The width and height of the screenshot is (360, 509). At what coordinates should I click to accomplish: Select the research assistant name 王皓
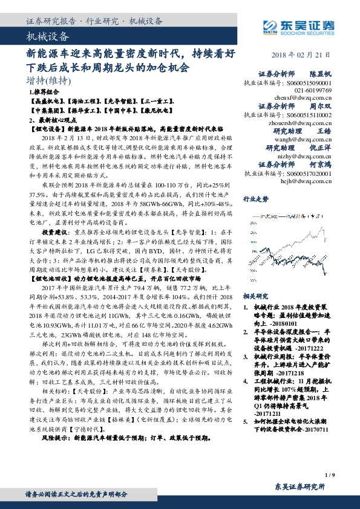click(325, 131)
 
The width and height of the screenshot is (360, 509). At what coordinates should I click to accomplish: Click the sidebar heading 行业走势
click(255, 198)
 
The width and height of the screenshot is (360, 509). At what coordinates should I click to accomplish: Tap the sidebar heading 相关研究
click(255, 297)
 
